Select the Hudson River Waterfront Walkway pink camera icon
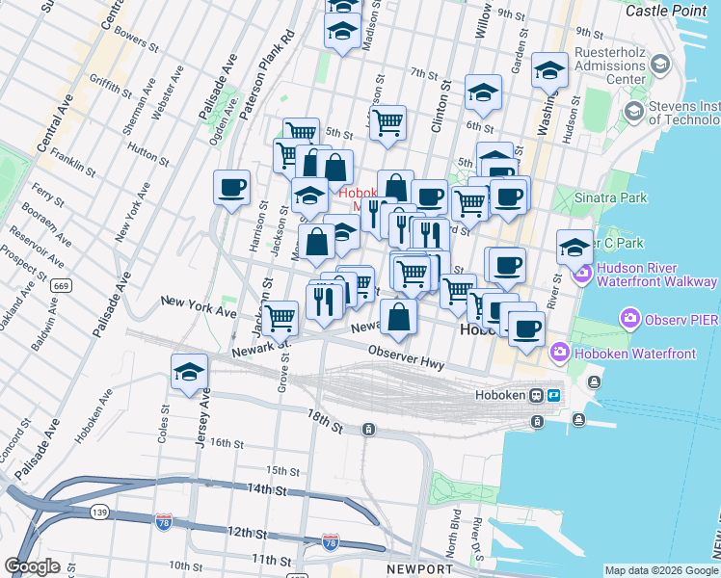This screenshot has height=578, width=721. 582,275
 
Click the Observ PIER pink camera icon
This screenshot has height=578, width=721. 630,317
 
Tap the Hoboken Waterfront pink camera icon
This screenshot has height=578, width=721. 558,354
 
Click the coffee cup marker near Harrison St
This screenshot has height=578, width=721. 231,188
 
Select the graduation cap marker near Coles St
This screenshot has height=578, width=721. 190,371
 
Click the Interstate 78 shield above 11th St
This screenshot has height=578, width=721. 331,541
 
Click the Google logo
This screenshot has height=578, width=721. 33,565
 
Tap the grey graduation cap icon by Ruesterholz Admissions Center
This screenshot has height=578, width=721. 660,64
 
